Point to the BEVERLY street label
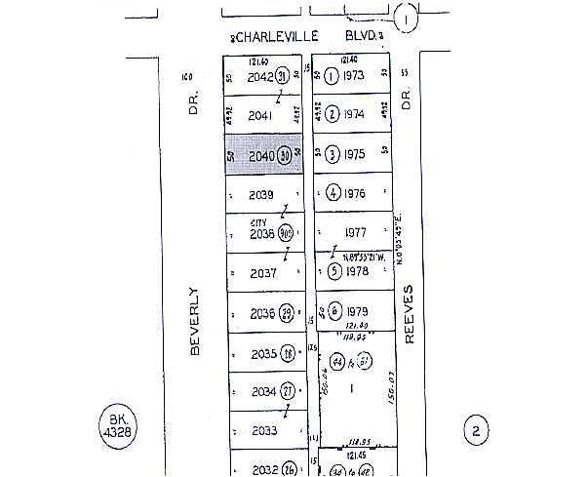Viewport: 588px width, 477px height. tap(194, 320)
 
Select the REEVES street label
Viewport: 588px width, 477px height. tap(410, 314)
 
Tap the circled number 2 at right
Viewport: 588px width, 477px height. tap(476, 429)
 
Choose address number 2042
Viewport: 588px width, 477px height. tap(260, 77)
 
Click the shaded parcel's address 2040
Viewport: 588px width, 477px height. tap(260, 156)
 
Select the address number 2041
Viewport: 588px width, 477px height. tap(259, 115)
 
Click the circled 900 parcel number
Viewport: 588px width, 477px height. tap(286, 234)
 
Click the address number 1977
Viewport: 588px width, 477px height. tap(354, 232)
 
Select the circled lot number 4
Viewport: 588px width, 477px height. tap(333, 192)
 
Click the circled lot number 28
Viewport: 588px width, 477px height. tap(288, 352)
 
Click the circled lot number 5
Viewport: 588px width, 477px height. tap(333, 271)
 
